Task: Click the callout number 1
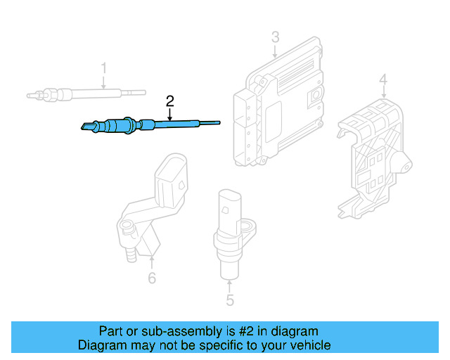point(103,68)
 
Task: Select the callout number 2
point(169,101)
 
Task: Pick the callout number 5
point(230,302)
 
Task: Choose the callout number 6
point(152,278)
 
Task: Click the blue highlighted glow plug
point(141,125)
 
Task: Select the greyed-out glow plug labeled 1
point(84,93)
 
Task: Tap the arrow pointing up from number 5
point(230,285)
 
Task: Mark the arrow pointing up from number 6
point(152,262)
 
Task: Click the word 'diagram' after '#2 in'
point(295,331)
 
